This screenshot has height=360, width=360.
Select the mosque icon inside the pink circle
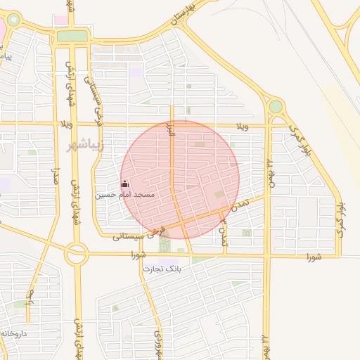pyautogui.click(x=126, y=184)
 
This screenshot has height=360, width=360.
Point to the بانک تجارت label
pyautogui.click(x=162, y=269)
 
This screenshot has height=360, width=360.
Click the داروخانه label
pyautogui.click(x=14, y=333)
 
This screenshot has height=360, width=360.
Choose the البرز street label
pyautogui.click(x=169, y=129)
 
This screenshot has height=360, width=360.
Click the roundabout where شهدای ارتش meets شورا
pyautogui.click(x=76, y=255)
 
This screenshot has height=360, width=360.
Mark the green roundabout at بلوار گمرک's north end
pyautogui.click(x=276, y=106)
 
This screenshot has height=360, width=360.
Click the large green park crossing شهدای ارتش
pyautogui.click(x=72, y=36)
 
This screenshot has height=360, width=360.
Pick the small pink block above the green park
pyautogui.click(x=61, y=20)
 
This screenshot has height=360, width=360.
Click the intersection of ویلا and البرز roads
pyautogui.click(x=173, y=125)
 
